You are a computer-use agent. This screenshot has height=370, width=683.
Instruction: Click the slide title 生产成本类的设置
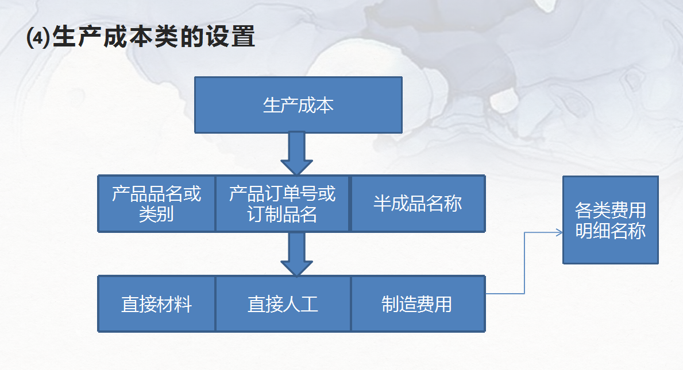[141, 37]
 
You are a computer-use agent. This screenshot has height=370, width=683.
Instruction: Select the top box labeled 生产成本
[298, 105]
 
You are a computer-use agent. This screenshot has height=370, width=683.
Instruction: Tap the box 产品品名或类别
[156, 204]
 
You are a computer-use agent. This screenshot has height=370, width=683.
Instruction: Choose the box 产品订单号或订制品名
[282, 204]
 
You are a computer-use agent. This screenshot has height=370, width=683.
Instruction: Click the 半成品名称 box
[418, 204]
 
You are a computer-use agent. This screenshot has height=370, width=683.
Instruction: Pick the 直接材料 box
[156, 303]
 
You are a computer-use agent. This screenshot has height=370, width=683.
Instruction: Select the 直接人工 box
[283, 303]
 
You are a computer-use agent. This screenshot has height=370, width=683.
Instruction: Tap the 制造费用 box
[418, 303]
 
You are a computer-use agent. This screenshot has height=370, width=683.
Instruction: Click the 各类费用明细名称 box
[610, 220]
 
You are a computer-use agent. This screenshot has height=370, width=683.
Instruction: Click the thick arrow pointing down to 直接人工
[296, 254]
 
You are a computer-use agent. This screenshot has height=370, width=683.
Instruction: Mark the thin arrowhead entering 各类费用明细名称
[559, 232]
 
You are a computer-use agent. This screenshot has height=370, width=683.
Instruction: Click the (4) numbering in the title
[38, 38]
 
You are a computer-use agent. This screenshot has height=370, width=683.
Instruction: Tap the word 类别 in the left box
[156, 214]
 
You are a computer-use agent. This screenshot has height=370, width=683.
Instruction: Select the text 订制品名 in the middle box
[282, 214]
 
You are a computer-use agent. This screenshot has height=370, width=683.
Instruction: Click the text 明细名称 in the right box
[610, 230]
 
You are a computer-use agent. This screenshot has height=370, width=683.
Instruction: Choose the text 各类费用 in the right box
[610, 210]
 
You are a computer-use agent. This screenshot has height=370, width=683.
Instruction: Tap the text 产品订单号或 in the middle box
[282, 194]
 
